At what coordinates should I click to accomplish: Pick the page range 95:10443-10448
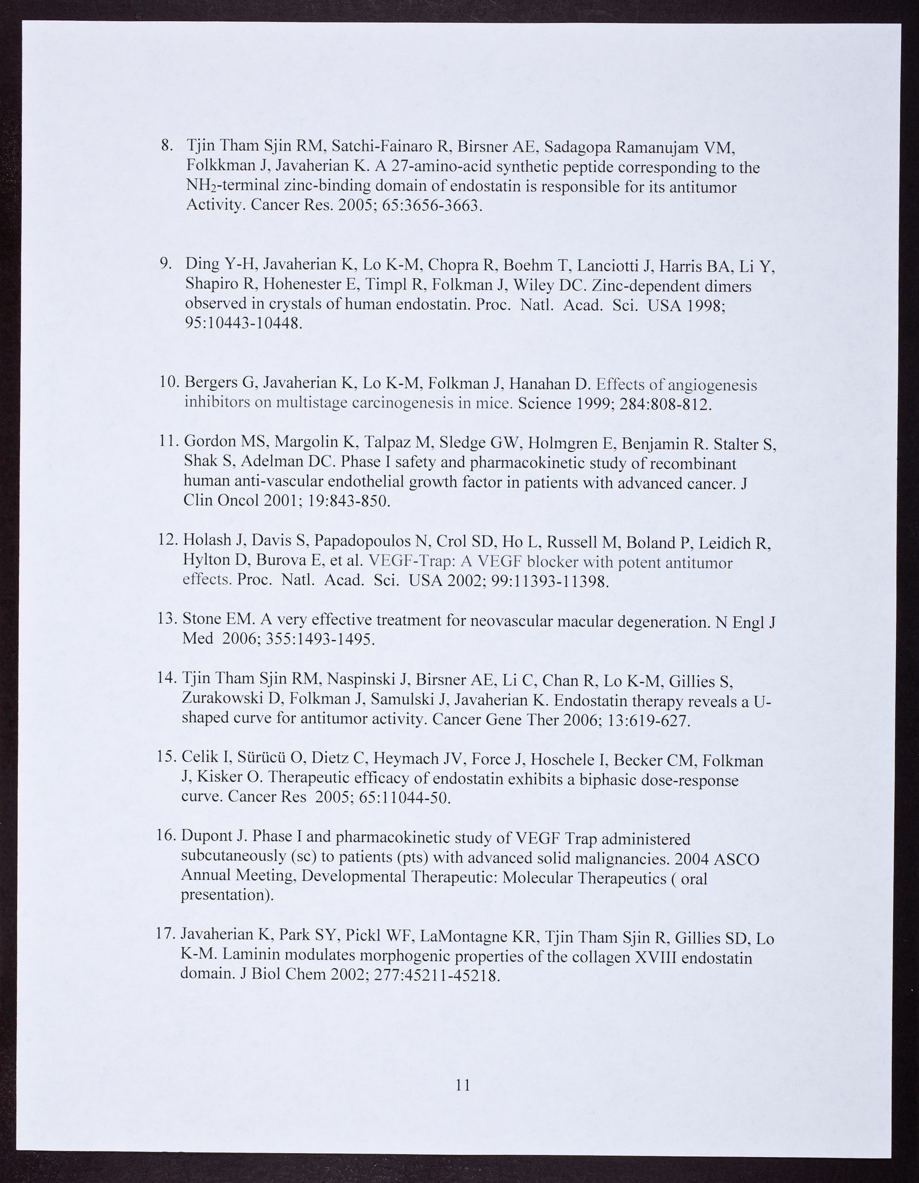point(242,323)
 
